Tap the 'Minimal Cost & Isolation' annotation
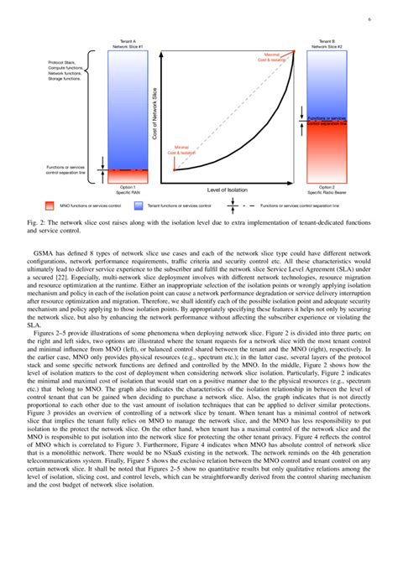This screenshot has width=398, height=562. tap(181, 151)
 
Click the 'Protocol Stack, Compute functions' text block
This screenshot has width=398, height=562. tap(66, 73)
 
